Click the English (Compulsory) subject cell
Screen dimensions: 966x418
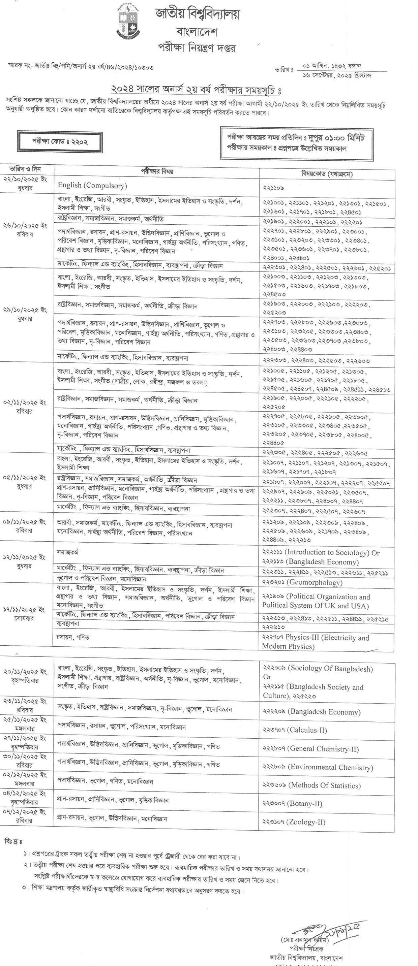point(92,185)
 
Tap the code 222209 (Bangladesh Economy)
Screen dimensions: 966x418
point(311,712)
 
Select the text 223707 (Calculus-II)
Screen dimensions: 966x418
point(295,730)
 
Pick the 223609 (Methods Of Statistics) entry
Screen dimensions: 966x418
point(311,785)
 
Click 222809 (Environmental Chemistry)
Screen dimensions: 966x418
point(318,767)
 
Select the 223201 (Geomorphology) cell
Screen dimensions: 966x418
point(302,582)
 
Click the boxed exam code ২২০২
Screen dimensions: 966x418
point(60,142)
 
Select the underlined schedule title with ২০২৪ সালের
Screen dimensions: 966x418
point(196,90)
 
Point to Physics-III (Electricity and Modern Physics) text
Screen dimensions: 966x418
point(315,642)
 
